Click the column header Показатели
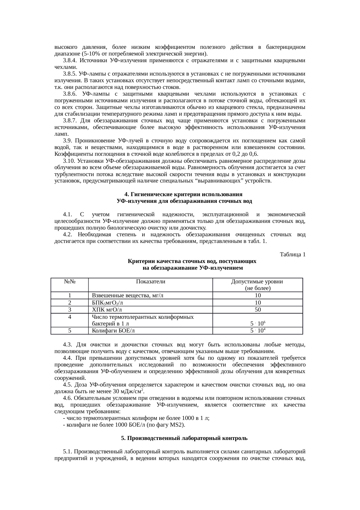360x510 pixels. click(150, 281)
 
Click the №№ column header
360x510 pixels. click(70, 281)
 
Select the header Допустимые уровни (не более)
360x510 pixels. click(257, 285)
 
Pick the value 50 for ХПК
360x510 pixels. click(258, 309)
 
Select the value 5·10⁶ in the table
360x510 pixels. click(258, 323)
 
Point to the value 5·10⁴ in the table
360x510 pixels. click(258, 331)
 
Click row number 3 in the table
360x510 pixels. click(70, 309)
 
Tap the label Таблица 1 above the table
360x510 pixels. click(292, 255)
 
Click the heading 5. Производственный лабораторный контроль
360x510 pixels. click(184, 438)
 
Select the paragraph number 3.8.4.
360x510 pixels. click(70, 60)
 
